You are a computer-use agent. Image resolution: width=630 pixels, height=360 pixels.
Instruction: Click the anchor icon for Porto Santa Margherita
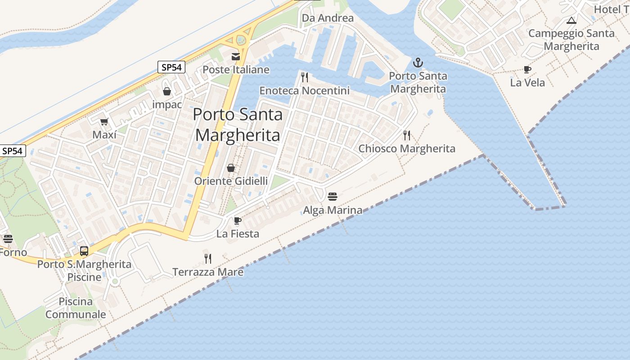[418, 63]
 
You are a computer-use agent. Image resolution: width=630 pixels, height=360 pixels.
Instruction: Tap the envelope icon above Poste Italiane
[236, 57]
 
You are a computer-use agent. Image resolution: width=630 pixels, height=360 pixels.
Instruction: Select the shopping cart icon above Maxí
[104, 121]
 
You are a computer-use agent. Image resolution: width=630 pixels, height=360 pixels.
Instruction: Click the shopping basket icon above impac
[167, 91]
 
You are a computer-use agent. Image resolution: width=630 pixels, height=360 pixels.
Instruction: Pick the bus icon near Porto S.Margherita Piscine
[84, 251]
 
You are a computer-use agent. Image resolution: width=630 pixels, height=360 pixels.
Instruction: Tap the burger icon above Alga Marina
[333, 197]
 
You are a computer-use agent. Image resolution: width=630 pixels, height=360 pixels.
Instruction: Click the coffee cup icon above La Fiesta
[238, 220]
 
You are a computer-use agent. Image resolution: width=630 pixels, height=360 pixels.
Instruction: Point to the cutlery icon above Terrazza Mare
[208, 258]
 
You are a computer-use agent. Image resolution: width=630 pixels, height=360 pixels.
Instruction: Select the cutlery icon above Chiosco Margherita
[407, 135]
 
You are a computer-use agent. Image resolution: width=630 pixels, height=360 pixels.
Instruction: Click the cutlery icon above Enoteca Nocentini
[305, 77]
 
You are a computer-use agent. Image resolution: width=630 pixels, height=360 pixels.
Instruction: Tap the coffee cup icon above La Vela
[527, 69]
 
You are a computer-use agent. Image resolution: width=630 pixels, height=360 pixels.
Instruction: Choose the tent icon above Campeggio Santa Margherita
[571, 20]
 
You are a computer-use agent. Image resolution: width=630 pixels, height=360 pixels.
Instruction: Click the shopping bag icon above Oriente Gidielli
[231, 168]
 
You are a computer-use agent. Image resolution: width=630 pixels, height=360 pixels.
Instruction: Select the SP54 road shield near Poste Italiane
[172, 67]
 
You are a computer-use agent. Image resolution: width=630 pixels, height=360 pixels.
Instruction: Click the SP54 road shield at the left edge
[13, 151]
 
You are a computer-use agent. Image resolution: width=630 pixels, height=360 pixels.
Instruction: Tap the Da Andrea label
[328, 18]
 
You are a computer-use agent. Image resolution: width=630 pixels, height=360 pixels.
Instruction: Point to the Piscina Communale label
[76, 308]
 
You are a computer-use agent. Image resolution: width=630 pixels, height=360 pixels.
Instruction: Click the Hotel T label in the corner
[612, 9]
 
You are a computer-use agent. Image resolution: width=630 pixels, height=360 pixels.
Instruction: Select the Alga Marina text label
[333, 210]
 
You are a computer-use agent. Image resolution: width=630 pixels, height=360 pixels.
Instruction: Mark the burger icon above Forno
[8, 239]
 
